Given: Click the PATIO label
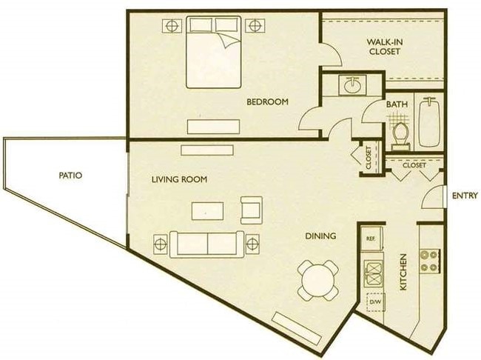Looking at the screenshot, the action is (x=70, y=176).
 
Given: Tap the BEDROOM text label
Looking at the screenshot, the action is (x=267, y=101).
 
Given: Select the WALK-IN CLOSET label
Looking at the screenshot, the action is (x=385, y=47).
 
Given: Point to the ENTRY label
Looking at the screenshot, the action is (x=465, y=196).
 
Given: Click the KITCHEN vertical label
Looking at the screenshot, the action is (x=403, y=272).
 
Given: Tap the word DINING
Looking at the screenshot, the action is (x=320, y=236).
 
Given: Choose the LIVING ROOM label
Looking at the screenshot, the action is (x=180, y=179).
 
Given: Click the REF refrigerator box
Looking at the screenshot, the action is (x=371, y=239).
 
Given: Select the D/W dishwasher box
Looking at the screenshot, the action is (x=375, y=302).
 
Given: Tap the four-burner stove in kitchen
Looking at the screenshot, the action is (x=429, y=261).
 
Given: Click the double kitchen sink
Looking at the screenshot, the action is (x=374, y=273).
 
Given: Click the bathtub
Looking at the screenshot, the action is (x=429, y=122).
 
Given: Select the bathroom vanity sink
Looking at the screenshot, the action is (x=352, y=85).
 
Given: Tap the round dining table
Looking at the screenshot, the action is (x=318, y=281).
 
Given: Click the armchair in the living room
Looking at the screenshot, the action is (x=252, y=210).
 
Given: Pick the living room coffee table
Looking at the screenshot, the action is (x=207, y=210).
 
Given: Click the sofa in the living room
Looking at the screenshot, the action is (x=207, y=244).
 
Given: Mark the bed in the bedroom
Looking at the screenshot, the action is (x=214, y=52).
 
